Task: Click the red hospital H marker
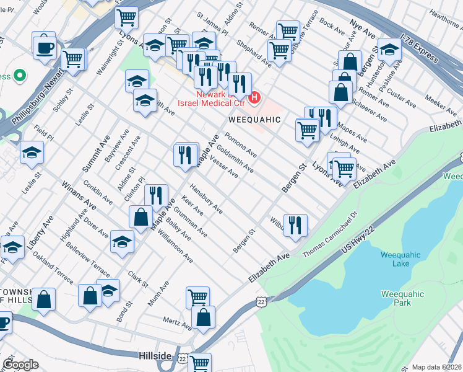point(254,98)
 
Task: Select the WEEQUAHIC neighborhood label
point(255,119)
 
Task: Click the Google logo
point(20,365)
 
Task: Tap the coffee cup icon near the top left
point(45,47)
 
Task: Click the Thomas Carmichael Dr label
point(331,234)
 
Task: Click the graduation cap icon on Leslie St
point(31,153)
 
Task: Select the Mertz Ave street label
point(177,323)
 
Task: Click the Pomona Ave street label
point(241,144)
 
